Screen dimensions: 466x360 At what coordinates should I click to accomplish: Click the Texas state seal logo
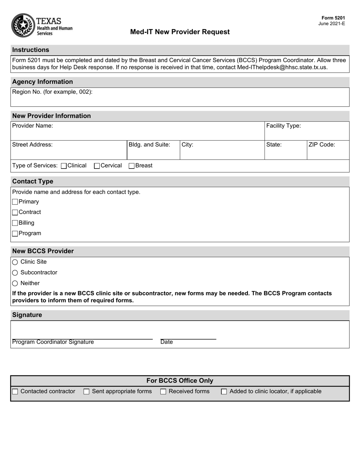23,25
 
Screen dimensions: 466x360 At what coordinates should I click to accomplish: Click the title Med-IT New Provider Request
180,32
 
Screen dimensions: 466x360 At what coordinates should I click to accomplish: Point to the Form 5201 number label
333,18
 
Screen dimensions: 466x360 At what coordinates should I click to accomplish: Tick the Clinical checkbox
64,166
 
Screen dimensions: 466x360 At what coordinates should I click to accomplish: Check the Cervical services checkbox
97,166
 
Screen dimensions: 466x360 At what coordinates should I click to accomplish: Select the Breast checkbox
131,166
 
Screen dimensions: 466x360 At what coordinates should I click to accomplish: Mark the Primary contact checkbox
15,202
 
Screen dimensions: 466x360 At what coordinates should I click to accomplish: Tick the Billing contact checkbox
15,223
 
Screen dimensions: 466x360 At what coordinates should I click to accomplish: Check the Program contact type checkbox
15,234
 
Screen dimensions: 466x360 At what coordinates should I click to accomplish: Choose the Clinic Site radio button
15,262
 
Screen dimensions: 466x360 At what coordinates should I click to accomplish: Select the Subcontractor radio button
15,273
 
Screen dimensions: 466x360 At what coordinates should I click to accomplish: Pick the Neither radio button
15,283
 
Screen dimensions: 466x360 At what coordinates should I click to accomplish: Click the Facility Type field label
283,126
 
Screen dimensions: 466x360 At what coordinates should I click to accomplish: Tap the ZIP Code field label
322,144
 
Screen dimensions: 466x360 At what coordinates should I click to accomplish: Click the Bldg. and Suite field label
149,144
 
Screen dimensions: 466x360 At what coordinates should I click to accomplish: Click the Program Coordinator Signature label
53,342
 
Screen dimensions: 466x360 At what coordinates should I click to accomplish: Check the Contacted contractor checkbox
15,392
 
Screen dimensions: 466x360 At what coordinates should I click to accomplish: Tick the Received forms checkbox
163,392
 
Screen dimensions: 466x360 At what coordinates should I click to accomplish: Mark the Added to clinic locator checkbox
224,392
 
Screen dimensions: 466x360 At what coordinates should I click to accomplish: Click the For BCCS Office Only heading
180,381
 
